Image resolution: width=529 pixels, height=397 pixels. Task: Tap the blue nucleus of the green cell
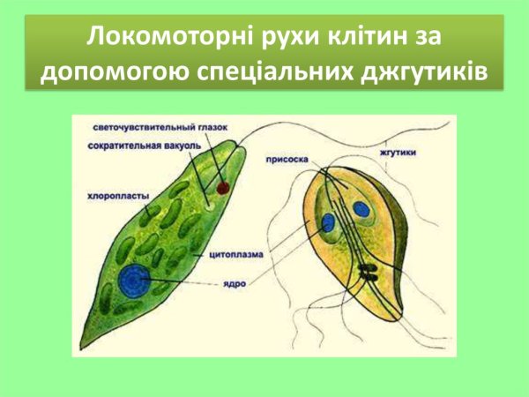(136, 281)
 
